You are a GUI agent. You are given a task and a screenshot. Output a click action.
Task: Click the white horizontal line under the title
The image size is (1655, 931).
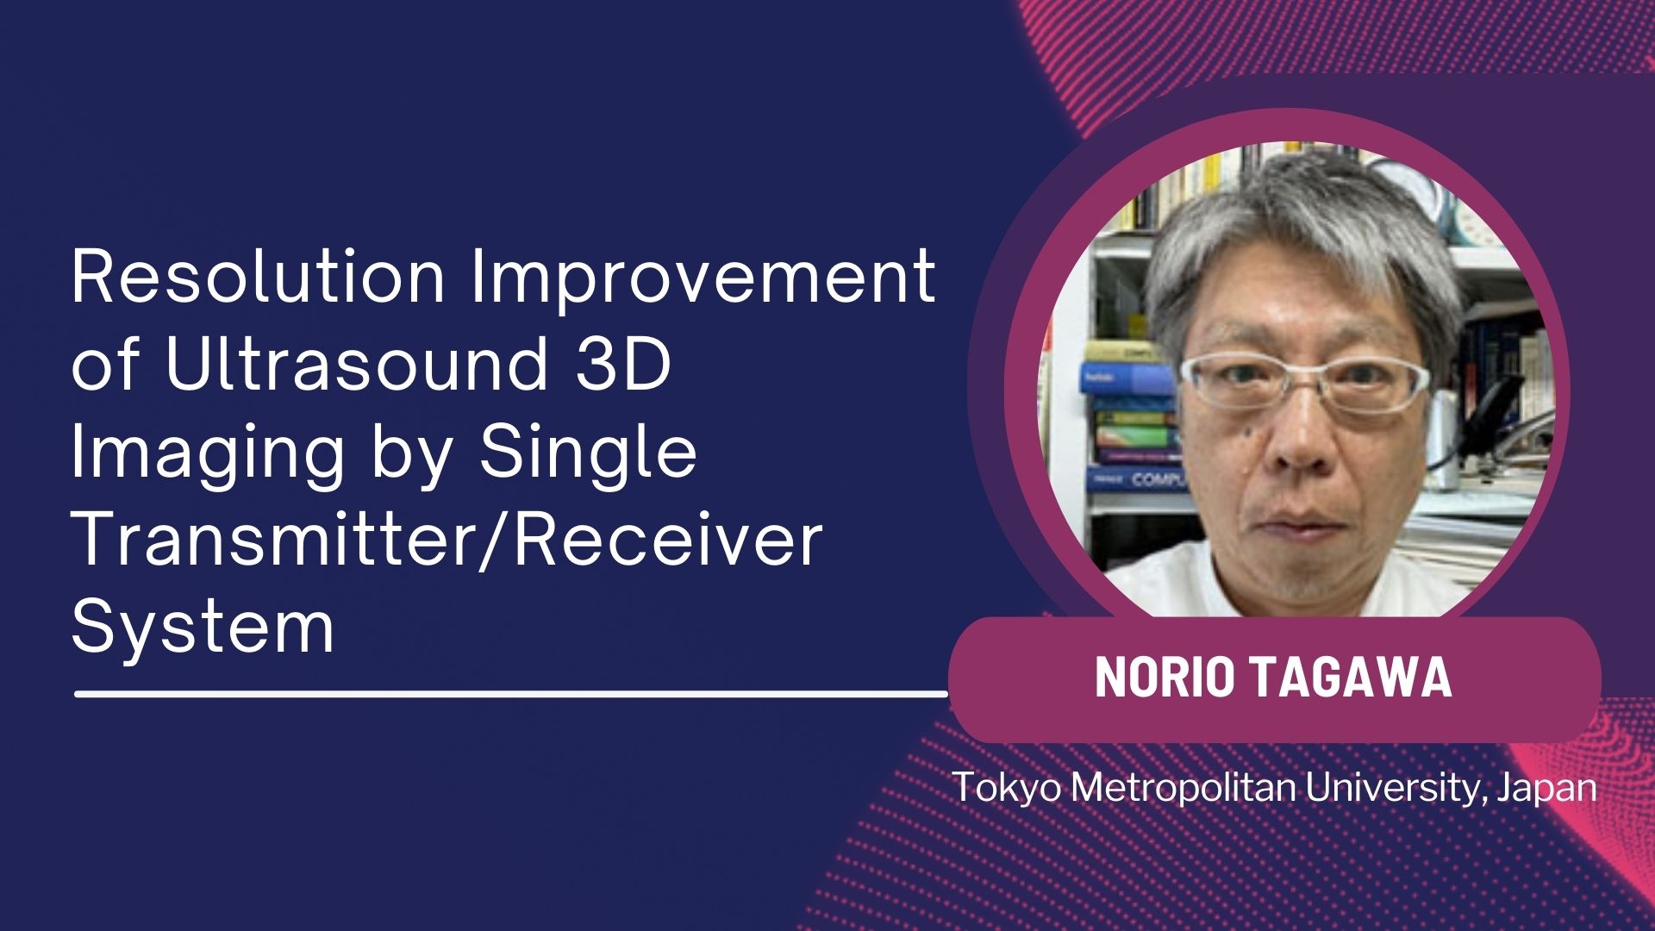511,692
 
